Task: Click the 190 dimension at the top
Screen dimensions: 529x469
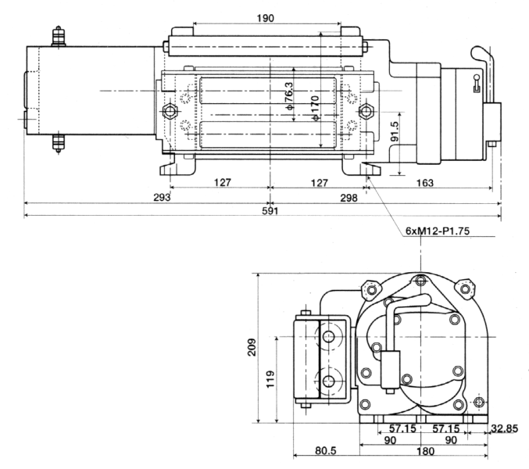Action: click(x=266, y=18)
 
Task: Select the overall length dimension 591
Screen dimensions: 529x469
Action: click(x=270, y=211)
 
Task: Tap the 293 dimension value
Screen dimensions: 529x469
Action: click(x=162, y=198)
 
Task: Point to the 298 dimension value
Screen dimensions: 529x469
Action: click(x=348, y=198)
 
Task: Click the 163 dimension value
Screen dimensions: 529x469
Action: click(x=425, y=183)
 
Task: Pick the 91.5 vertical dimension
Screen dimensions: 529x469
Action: click(x=395, y=131)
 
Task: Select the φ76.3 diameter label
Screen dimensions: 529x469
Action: click(x=289, y=96)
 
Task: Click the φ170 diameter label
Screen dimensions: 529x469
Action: click(x=315, y=108)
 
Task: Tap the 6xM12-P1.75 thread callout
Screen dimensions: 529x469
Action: click(x=438, y=231)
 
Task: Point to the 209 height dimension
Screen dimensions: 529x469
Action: click(x=252, y=347)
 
